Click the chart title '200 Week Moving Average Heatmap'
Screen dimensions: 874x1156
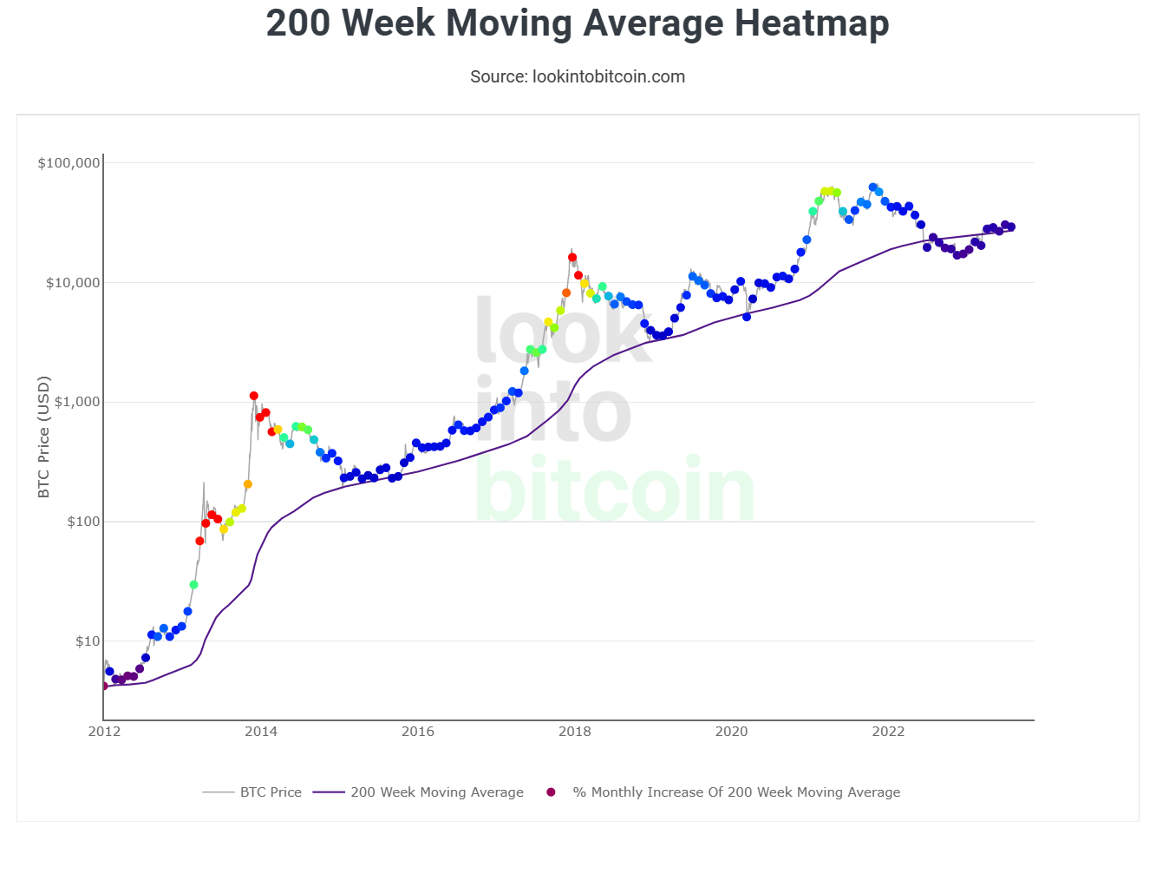[x=578, y=23]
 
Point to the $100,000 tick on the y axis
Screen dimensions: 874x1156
[x=69, y=163]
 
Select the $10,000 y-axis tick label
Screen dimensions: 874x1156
[x=73, y=283]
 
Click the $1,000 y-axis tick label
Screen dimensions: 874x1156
[x=76, y=402]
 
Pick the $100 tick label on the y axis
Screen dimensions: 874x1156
[x=83, y=522]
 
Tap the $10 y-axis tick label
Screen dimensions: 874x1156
[x=88, y=641]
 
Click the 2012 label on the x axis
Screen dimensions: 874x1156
[x=104, y=732]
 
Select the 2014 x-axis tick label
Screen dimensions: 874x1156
[x=261, y=732]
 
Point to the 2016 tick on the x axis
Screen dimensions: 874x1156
[x=418, y=732]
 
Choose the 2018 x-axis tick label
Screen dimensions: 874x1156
[x=574, y=732]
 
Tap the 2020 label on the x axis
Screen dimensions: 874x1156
[x=731, y=732]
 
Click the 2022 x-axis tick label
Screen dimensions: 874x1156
[x=888, y=732]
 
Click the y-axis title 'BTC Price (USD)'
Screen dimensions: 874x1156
[x=44, y=437]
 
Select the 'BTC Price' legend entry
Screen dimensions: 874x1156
[x=271, y=792]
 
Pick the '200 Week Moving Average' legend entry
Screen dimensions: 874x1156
[x=436, y=792]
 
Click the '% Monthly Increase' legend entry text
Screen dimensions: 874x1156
[x=736, y=792]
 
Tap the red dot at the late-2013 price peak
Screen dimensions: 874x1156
[x=253, y=396]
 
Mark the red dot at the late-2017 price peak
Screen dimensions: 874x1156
[x=572, y=258]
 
